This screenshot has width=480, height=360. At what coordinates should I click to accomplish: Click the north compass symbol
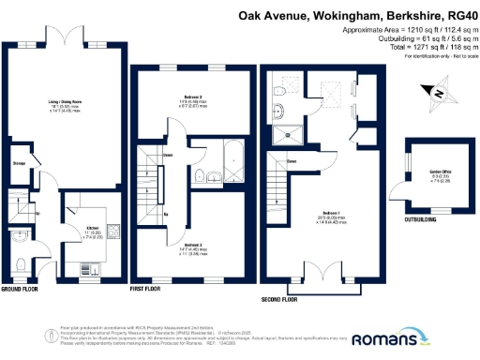pyautogui.click(x=440, y=93)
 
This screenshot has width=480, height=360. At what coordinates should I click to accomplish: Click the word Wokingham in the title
pyautogui.click(x=344, y=16)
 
